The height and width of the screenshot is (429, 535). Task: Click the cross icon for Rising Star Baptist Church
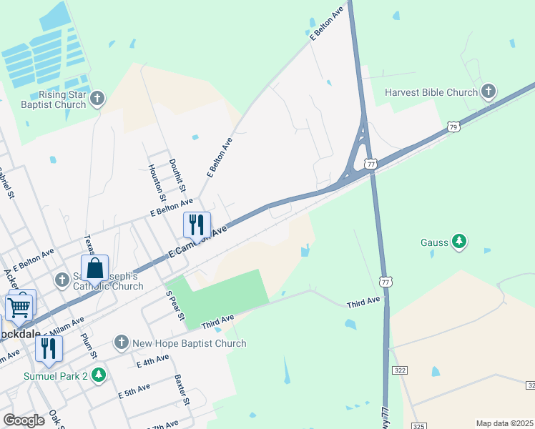pyautogui.click(x=98, y=98)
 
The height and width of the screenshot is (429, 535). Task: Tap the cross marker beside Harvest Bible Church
pyautogui.click(x=489, y=92)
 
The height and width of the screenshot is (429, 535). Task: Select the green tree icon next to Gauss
pyautogui.click(x=459, y=242)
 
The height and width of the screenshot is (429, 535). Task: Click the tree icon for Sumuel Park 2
pyautogui.click(x=99, y=375)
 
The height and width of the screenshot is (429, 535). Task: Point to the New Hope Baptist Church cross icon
pyautogui.click(x=122, y=343)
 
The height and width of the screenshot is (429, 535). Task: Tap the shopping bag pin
pyautogui.click(x=94, y=270)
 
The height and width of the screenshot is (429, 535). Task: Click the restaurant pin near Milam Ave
pyautogui.click(x=49, y=348)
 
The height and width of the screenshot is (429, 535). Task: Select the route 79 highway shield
pyautogui.click(x=453, y=127)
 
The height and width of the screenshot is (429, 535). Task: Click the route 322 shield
pyautogui.click(x=400, y=370)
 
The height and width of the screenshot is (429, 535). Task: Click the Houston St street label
pyautogui.click(x=157, y=182)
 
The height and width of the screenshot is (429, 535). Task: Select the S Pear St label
pyautogui.click(x=176, y=305)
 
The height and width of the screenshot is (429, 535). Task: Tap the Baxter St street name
pyautogui.click(x=182, y=390)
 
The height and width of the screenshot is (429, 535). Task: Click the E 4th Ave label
pyautogui.click(x=153, y=363)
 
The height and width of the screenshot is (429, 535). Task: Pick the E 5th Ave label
pyautogui.click(x=134, y=390)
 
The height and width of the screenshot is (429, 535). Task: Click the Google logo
pyautogui.click(x=24, y=420)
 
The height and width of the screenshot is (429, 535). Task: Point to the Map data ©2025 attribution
pyautogui.click(x=504, y=423)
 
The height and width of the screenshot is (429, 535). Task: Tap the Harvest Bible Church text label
pyautogui.click(x=431, y=92)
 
